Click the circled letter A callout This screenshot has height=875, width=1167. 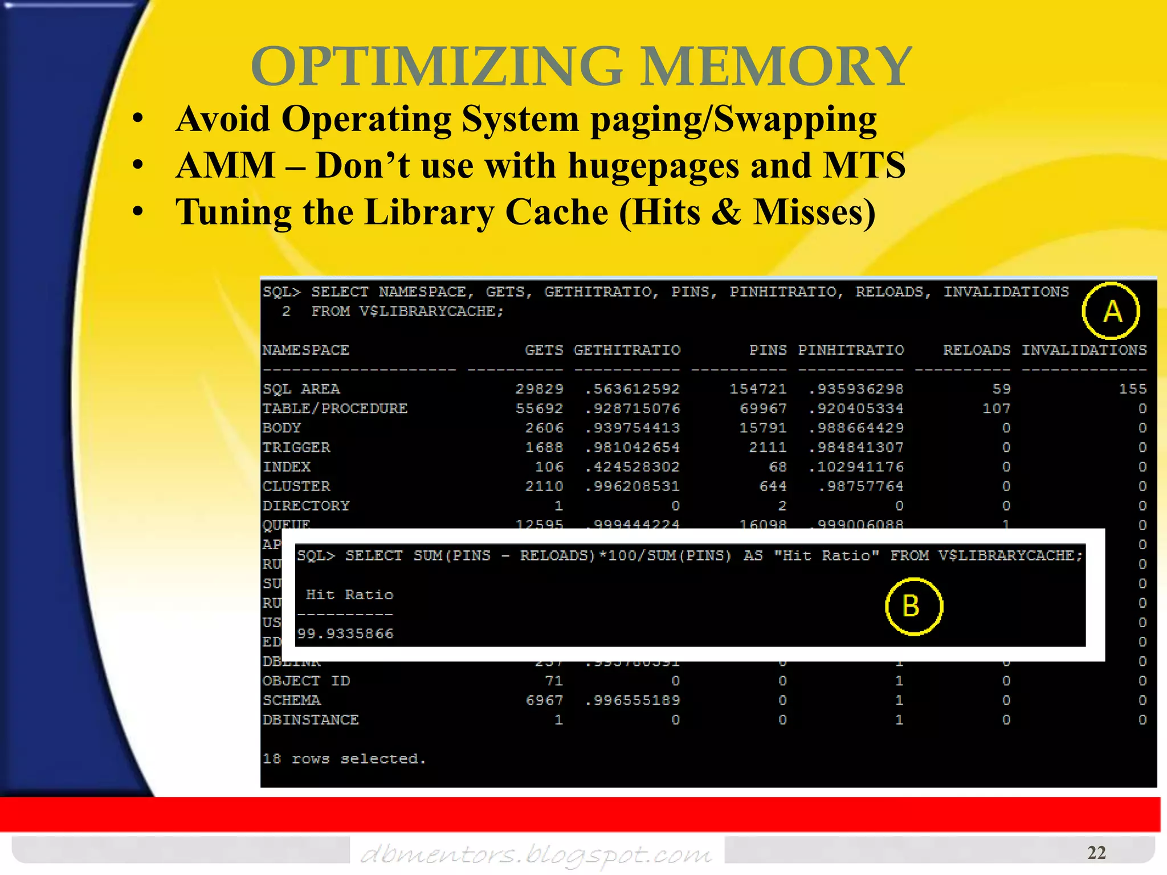1111,311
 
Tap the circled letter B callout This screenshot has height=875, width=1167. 913,606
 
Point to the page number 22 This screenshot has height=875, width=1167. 1096,852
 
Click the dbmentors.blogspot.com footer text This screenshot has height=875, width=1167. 536,853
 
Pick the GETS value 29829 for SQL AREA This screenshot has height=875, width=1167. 539,389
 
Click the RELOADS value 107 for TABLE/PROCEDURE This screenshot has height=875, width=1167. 996,408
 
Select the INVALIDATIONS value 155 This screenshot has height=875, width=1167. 1132,389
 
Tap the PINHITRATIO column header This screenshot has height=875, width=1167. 851,350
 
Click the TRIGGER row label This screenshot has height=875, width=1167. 296,447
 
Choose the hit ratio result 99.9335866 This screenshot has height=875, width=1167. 345,633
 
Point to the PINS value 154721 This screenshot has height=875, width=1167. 758,389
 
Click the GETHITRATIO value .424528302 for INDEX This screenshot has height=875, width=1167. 633,467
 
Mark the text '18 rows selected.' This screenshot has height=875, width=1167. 344,759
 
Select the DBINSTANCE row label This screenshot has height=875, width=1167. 311,720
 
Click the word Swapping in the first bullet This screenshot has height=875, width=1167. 795,119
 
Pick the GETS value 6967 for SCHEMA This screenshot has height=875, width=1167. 544,700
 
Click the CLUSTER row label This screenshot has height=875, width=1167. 296,486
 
